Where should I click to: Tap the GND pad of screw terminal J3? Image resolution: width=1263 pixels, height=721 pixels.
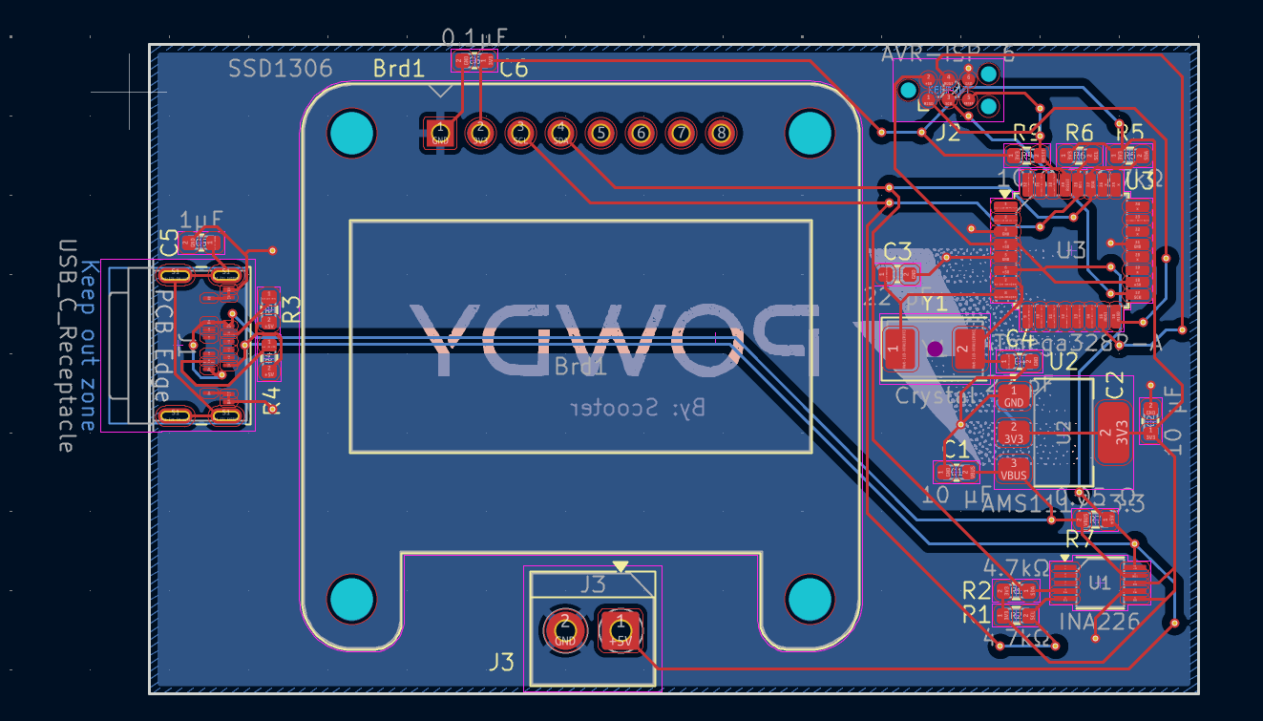tap(565, 628)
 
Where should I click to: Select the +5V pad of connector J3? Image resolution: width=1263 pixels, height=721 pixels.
tap(621, 628)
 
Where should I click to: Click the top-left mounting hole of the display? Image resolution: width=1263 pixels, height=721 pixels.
tap(352, 134)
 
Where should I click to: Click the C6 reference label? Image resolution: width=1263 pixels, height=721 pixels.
tap(514, 69)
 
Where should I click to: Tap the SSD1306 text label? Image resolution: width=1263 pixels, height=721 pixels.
tap(280, 69)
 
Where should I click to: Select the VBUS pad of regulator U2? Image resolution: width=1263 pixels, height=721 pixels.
tap(1014, 469)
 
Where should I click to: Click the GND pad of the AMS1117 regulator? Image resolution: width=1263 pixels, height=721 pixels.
tap(1014, 396)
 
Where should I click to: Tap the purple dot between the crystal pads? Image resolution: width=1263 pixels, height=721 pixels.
tap(936, 349)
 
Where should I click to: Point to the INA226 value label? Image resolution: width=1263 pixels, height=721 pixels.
tap(1099, 622)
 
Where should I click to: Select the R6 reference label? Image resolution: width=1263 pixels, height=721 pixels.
tap(1079, 132)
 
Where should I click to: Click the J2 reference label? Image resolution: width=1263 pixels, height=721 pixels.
tap(946, 133)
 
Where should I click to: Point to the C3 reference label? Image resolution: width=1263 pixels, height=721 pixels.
tap(897, 252)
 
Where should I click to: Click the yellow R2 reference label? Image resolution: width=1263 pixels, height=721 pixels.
tap(976, 588)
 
